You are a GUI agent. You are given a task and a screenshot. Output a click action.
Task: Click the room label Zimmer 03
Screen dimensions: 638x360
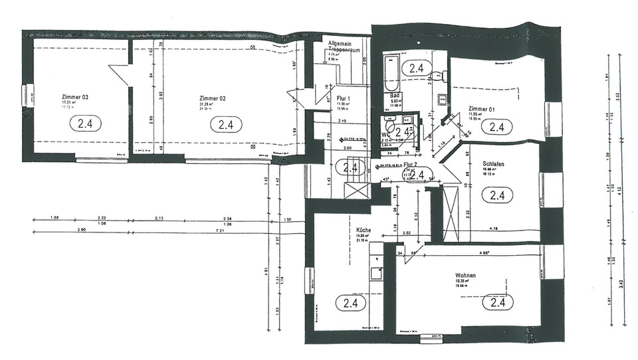coord(75,97)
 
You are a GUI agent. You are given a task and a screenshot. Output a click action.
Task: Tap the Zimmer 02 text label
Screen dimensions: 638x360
coord(213,97)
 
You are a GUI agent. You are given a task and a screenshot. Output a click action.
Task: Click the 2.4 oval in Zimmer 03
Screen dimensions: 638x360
coord(88,124)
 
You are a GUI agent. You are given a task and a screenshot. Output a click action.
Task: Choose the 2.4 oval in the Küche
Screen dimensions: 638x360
coord(350,303)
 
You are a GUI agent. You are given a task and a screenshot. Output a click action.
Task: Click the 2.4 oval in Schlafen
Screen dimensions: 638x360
coord(498,195)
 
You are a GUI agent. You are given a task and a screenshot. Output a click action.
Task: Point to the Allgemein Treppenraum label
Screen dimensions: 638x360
coord(344,47)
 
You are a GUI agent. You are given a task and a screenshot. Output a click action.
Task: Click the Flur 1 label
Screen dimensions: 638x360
coord(344,98)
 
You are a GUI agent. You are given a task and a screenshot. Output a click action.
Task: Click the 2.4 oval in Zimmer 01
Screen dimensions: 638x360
coord(498,126)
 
